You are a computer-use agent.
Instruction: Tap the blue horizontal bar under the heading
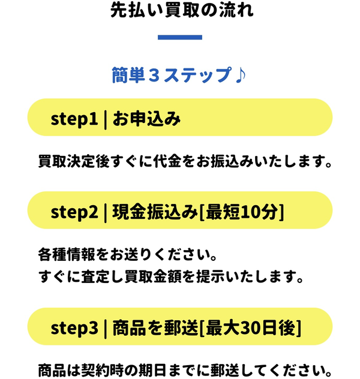point(180,38)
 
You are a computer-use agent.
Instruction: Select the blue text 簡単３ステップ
point(171,76)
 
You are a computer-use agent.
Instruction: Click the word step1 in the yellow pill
point(74,118)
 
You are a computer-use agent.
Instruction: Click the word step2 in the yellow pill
point(74,211)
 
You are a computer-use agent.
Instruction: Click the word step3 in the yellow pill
point(74,327)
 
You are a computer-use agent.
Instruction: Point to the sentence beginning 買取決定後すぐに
point(185,161)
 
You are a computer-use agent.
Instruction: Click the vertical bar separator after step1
point(104,118)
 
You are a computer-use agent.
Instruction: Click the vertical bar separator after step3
point(104,327)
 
